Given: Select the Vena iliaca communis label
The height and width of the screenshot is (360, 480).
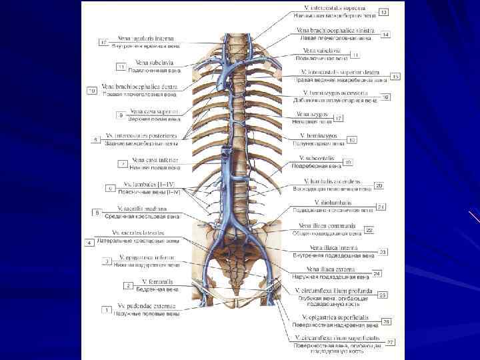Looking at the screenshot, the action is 327,225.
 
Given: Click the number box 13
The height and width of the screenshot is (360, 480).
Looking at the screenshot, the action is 384,12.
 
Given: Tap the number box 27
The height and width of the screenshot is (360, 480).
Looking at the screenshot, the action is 391,342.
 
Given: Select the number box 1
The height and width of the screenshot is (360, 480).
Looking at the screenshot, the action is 105,309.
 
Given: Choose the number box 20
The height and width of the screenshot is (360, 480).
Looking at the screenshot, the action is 379,185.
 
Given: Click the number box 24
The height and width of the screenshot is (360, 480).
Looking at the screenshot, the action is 377,273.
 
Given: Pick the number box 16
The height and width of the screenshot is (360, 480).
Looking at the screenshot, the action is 385,97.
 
